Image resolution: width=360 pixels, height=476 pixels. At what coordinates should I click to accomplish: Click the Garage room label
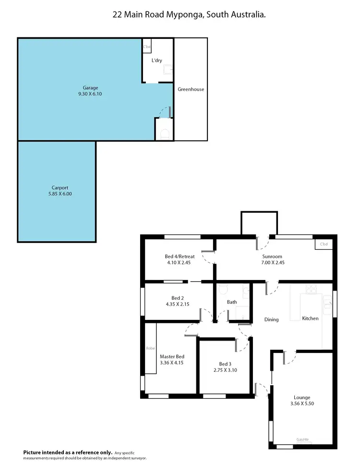click(x=90, y=88)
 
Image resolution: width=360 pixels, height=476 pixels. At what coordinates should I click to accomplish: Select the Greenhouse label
click(x=191, y=89)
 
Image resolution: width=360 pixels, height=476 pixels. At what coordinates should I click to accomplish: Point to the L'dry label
click(x=156, y=61)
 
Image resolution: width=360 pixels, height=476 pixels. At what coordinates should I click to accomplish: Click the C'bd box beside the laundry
click(x=147, y=47)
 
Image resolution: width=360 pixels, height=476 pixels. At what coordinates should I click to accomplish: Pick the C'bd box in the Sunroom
click(x=324, y=244)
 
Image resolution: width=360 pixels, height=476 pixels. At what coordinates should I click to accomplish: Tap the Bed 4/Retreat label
click(x=180, y=256)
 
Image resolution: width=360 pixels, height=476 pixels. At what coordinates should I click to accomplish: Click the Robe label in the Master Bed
click(x=150, y=348)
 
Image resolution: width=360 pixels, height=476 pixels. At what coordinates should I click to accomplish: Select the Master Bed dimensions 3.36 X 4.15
click(x=172, y=363)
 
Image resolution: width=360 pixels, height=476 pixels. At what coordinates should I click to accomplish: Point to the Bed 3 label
click(x=225, y=364)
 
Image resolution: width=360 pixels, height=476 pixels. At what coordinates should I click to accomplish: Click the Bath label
click(x=232, y=302)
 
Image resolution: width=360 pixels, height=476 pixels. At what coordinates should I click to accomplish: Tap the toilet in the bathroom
click(x=222, y=290)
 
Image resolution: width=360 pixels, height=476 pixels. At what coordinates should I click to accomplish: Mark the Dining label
click(x=271, y=319)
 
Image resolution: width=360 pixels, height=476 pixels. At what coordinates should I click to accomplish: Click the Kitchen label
click(x=310, y=318)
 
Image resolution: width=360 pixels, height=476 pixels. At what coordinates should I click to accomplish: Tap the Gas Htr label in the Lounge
click(x=302, y=439)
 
